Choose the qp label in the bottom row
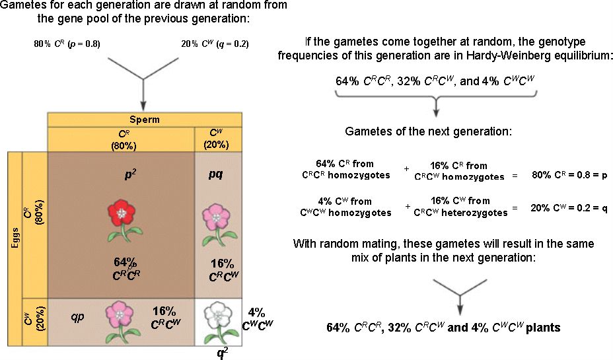click(79, 316)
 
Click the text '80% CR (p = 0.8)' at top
click(67, 45)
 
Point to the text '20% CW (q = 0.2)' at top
click(215, 45)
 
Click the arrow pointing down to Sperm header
click(143, 99)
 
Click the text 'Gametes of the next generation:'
click(428, 131)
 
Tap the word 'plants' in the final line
click(543, 327)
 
